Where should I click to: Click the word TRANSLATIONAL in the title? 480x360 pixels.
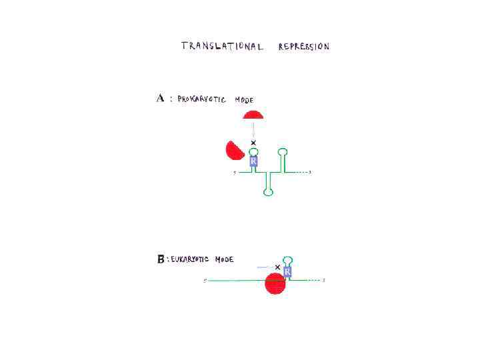click(x=222, y=46)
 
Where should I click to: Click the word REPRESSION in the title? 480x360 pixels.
click(x=304, y=47)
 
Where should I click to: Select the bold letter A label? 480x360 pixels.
click(x=161, y=99)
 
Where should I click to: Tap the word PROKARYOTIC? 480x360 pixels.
click(x=201, y=99)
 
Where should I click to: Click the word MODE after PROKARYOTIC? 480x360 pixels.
click(x=243, y=100)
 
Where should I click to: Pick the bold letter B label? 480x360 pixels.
click(x=161, y=259)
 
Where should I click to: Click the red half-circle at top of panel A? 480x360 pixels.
click(x=253, y=115)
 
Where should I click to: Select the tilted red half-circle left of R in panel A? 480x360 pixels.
click(x=234, y=151)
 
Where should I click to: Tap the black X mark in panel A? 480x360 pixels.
click(x=253, y=143)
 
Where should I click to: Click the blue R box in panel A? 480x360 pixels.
click(x=253, y=161)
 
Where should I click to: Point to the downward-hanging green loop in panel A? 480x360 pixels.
click(x=268, y=192)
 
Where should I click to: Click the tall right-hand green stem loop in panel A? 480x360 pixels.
click(x=282, y=153)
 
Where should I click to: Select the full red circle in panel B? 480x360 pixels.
click(x=275, y=283)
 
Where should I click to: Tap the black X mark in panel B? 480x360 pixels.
click(x=277, y=267)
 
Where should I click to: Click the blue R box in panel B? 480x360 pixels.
click(x=287, y=272)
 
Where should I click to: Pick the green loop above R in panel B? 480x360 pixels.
click(x=287, y=259)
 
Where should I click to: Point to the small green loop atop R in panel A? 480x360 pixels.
click(x=253, y=151)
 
